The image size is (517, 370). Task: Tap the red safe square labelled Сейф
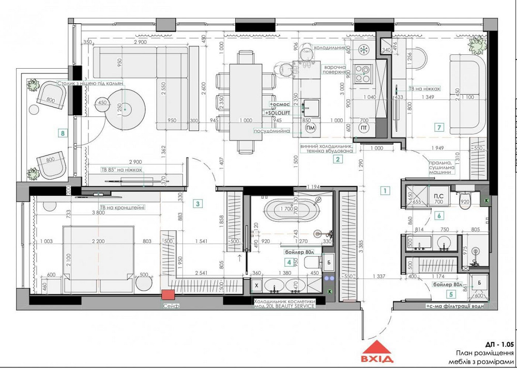[x=168, y=295]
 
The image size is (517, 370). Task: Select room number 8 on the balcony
[x=63, y=133]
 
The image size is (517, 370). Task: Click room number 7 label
[x=439, y=127]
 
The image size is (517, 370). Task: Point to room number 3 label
[x=198, y=204]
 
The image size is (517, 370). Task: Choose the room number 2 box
[x=337, y=159]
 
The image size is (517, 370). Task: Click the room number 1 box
[x=384, y=190]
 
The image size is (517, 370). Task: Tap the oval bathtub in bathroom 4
[x=286, y=210]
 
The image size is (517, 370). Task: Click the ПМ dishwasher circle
[x=310, y=128]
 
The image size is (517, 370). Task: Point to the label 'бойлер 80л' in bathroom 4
[x=300, y=252]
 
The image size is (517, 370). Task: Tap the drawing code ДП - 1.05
[x=499, y=344]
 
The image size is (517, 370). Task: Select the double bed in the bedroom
[x=99, y=254]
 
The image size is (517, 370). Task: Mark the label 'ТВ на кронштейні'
[x=123, y=207]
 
